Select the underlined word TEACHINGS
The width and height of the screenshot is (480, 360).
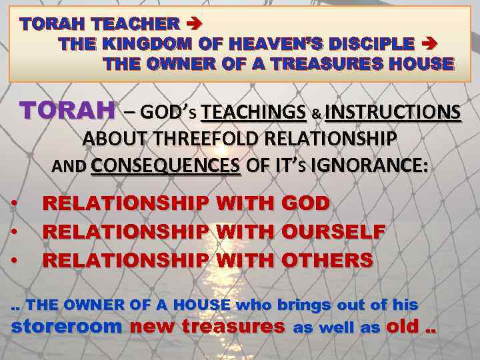(253, 112)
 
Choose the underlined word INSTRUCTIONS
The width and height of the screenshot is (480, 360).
(393, 112)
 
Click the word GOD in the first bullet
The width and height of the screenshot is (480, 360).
(306, 203)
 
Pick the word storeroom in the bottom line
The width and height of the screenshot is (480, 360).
(67, 327)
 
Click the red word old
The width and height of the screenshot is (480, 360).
(404, 327)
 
